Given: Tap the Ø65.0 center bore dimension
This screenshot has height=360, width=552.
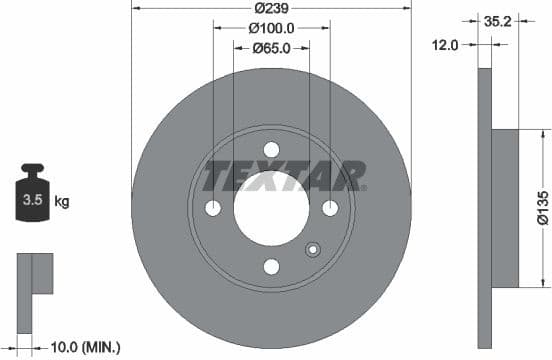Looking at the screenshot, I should [271, 46].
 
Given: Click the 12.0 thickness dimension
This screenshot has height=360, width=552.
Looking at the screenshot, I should [446, 45].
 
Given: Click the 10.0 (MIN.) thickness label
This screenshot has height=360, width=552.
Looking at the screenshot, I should [85, 347].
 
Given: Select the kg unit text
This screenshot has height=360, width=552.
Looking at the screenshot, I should [62, 202].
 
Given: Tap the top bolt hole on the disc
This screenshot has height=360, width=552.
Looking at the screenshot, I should [271, 150].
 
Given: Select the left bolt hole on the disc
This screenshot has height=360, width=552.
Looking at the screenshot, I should [213, 208].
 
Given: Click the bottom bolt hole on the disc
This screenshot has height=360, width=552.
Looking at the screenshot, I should [271, 266].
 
